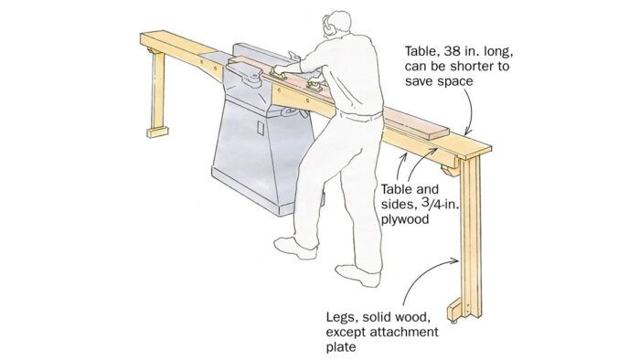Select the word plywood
(x=405, y=219)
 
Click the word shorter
(x=473, y=66)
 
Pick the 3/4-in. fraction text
(x=438, y=205)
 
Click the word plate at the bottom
(x=341, y=347)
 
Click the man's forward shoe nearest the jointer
(x=295, y=248)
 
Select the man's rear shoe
(x=358, y=275)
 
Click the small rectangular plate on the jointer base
(x=261, y=128)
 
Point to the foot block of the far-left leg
(x=157, y=132)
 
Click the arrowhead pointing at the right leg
(x=456, y=260)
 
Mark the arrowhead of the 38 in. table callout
(x=468, y=131)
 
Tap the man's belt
(x=360, y=116)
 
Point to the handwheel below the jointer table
(x=293, y=112)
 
